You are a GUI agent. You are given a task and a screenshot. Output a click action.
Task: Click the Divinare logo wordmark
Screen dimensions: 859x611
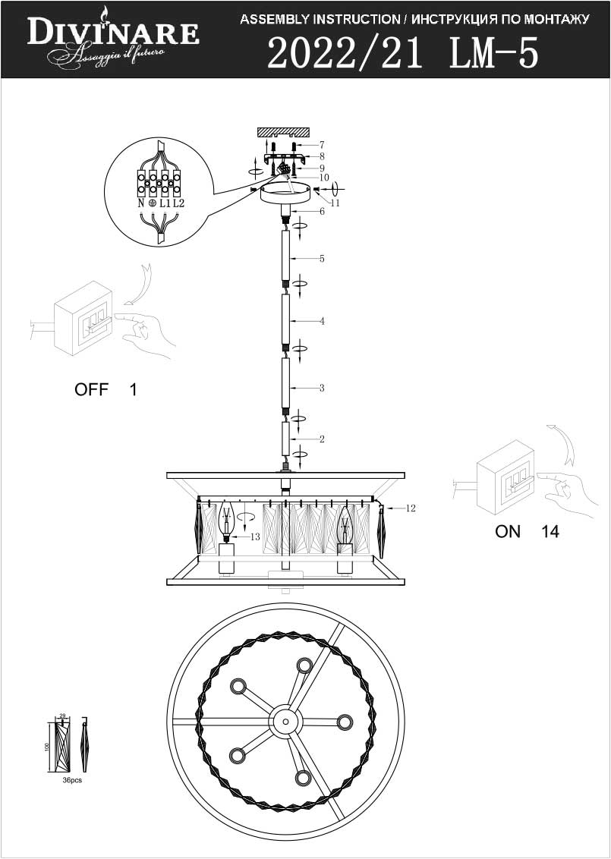114,33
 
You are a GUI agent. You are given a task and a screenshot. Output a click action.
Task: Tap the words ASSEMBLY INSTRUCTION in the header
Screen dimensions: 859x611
320,19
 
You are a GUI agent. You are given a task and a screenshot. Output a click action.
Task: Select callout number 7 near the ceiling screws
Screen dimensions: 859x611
322,144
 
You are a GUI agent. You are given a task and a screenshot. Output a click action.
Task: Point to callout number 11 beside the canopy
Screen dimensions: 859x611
335,203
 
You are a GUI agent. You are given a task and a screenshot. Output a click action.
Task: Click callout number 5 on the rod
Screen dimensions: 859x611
322,259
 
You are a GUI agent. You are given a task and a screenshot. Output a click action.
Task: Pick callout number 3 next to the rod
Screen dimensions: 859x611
322,388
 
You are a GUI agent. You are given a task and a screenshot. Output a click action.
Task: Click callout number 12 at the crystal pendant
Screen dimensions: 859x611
411,508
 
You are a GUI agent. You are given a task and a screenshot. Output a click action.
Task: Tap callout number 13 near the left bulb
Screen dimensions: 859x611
255,537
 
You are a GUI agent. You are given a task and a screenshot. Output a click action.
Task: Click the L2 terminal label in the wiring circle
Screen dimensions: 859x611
178,203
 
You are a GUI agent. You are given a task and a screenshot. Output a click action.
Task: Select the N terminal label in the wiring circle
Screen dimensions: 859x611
140,203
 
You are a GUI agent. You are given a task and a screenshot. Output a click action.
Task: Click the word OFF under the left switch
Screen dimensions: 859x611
90,390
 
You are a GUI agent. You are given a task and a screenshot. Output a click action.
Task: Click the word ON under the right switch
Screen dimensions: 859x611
508,531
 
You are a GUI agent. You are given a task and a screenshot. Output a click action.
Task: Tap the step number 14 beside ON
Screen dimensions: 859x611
550,531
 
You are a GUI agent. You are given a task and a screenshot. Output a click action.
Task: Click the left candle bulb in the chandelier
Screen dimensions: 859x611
225,521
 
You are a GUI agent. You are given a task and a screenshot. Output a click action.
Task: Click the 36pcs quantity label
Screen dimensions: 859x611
72,780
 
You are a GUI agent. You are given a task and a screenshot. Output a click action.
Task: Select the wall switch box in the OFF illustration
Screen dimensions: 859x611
83,318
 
